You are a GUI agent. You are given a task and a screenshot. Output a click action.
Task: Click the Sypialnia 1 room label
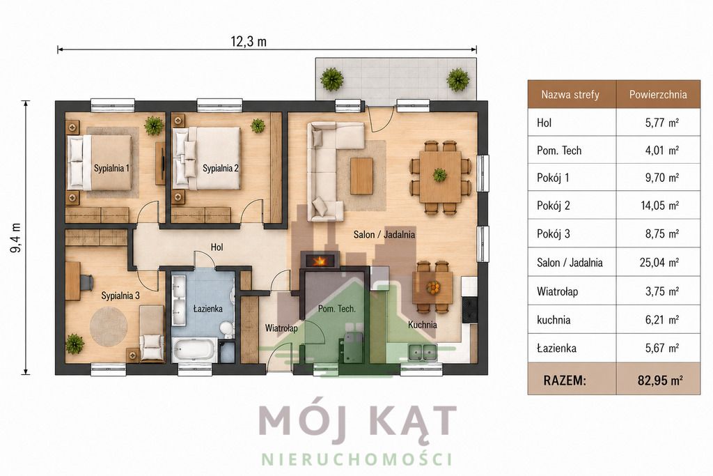[x=111, y=169]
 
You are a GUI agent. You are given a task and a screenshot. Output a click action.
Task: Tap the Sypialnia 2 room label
[x=221, y=169]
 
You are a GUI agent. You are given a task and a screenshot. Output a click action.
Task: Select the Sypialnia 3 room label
[x=120, y=295]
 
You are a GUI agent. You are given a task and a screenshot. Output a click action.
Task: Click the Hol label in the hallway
[x=217, y=247]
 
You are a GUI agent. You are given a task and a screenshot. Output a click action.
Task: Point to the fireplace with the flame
[x=320, y=260]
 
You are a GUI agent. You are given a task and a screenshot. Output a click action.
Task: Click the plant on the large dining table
[x=439, y=175]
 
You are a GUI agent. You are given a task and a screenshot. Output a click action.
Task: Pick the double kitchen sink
[x=423, y=352]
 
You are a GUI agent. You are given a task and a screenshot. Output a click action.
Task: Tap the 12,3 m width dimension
[x=249, y=42]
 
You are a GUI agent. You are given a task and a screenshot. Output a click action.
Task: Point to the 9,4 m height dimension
[x=16, y=238]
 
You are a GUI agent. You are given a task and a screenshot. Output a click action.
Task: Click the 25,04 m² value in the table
[x=659, y=263]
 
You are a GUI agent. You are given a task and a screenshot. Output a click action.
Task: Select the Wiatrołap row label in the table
[x=557, y=291]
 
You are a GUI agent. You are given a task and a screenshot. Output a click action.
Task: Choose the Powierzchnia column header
[x=657, y=95]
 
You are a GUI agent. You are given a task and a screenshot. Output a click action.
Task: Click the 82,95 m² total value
[x=660, y=381]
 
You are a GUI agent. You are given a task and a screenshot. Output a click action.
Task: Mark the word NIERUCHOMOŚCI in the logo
[x=357, y=459]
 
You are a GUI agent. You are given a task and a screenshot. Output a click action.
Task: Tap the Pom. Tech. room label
[x=336, y=309]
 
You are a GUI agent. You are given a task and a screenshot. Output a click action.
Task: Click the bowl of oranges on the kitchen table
[x=432, y=287]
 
